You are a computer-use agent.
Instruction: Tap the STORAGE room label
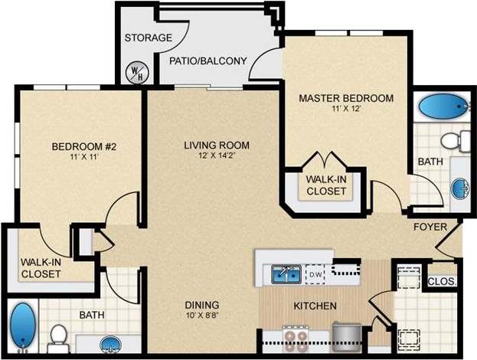pos(148,38)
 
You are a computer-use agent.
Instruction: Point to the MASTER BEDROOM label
pos(346,98)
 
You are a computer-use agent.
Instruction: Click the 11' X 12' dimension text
pos(346,109)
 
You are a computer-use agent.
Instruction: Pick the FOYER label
pos(430,227)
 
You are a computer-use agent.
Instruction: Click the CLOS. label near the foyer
pos(442,281)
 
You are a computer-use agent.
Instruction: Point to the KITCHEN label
pos(315,306)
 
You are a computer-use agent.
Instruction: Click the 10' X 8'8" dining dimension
pos(201,314)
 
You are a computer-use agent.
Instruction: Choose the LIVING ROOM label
pos(217,145)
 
